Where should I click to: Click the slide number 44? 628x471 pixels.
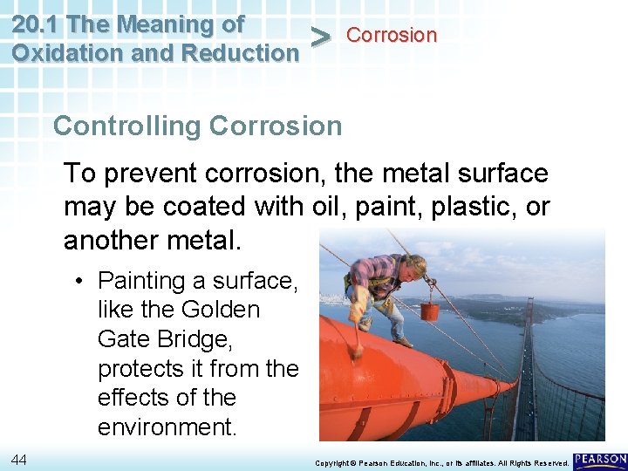pyautogui.click(x=19, y=459)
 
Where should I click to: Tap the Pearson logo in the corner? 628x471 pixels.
pyautogui.click(x=600, y=460)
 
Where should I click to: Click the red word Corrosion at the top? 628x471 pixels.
pyautogui.click(x=391, y=36)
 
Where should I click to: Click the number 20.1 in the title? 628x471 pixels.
pyautogui.click(x=37, y=24)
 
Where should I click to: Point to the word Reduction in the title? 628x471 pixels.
pyautogui.click(x=242, y=52)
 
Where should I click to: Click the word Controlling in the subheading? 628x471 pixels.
pyautogui.click(x=126, y=126)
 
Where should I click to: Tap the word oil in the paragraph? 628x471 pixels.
pyautogui.click(x=329, y=208)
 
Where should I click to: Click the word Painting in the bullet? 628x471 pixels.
pyautogui.click(x=140, y=281)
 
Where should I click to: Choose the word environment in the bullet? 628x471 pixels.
pyautogui.click(x=167, y=427)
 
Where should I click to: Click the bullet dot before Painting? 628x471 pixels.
pyautogui.click(x=78, y=281)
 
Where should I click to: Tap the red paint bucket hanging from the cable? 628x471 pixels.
pyautogui.click(x=429, y=311)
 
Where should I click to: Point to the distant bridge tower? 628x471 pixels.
pyautogui.click(x=529, y=314)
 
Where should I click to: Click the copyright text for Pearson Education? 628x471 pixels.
pyautogui.click(x=441, y=461)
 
